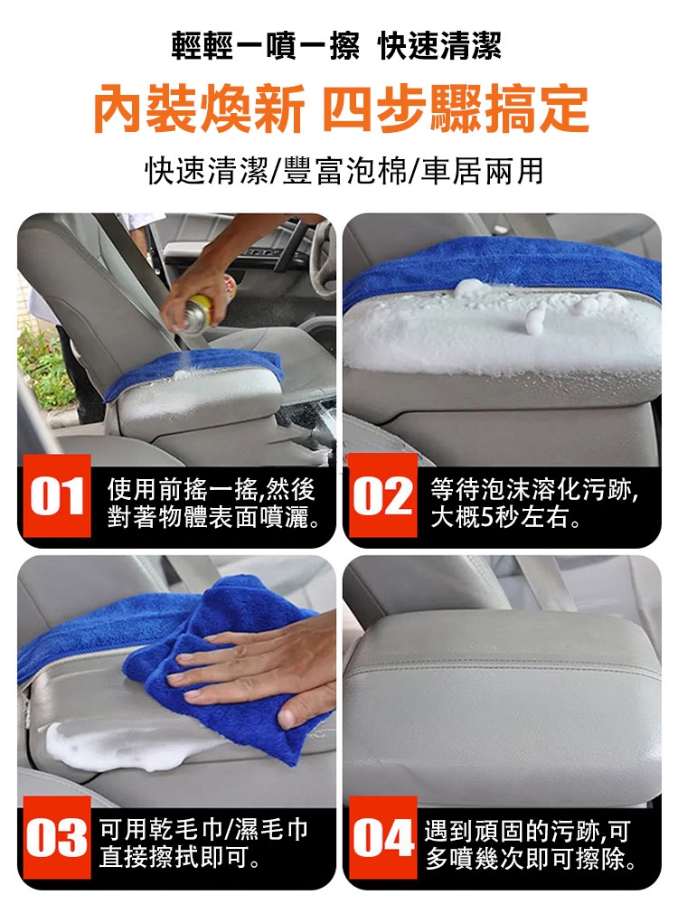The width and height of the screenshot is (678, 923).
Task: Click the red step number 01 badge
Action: tap(56, 495)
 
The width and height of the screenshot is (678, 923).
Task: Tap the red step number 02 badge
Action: tap(382, 495)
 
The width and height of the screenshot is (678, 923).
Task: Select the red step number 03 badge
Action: tap(56, 837)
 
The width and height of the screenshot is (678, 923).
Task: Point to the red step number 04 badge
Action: tap(382, 837)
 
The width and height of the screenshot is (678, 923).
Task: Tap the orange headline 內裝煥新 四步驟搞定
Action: tap(341, 108)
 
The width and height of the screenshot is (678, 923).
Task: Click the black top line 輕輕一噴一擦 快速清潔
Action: tap(336, 46)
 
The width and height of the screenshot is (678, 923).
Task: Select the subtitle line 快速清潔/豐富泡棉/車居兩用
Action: tap(344, 171)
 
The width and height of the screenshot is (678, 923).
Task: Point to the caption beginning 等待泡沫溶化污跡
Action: tap(534, 503)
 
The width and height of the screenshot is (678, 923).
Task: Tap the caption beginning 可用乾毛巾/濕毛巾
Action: tap(203, 843)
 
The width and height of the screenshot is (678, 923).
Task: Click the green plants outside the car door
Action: tap(43, 365)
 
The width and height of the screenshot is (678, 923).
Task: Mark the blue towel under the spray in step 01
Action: tap(194, 371)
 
